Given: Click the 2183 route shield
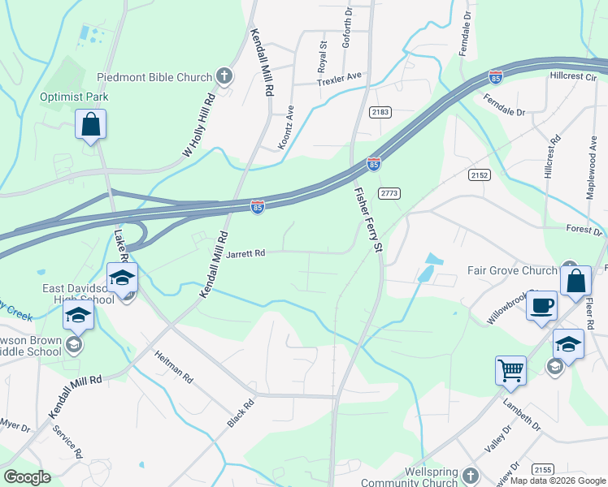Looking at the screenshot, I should click(380, 111).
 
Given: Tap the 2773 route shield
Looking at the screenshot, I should click(389, 192).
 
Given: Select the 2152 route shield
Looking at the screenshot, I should click(480, 175).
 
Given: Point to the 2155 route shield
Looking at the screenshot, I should click(544, 469).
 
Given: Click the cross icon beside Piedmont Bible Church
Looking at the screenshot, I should click(225, 77).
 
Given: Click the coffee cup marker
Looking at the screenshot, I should click(541, 306).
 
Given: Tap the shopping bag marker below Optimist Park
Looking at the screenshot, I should click(90, 125).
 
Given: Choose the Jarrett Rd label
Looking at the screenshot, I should click(245, 253).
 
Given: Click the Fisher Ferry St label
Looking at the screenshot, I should click(367, 220).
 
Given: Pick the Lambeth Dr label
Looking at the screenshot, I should click(524, 412).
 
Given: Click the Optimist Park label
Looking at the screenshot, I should click(74, 97).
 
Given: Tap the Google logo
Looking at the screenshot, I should click(27, 477).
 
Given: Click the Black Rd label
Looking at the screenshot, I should click(241, 413).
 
